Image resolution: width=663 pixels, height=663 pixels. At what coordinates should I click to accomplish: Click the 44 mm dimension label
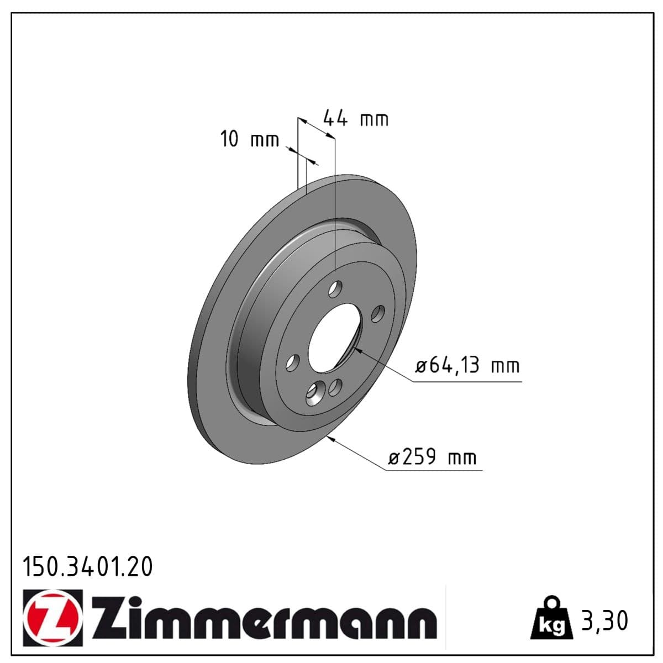coord(355,119)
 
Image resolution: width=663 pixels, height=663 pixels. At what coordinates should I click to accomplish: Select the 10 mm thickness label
coord(249,139)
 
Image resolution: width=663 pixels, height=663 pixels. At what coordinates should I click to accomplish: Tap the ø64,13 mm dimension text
coord(467,366)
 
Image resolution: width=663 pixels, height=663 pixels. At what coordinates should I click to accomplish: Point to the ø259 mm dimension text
coord(432,457)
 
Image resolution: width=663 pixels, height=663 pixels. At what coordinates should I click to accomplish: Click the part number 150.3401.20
coord(87,567)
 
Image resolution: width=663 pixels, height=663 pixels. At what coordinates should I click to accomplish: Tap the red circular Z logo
coord(53,618)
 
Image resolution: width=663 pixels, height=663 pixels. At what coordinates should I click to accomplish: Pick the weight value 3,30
coord(604,620)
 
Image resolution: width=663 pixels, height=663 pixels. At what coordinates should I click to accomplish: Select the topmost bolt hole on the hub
coord(335,289)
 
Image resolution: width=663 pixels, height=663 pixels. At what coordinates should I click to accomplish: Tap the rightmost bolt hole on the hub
coord(378,314)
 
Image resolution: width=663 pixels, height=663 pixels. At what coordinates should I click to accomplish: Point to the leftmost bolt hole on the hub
coord(292,363)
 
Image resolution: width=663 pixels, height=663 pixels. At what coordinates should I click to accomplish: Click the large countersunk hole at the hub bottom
coord(314,393)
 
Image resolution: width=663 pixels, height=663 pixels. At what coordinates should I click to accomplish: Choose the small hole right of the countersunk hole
coord(335,388)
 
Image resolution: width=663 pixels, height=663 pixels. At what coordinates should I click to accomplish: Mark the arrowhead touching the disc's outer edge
coord(331,439)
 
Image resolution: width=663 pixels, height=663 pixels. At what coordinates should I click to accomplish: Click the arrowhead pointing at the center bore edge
coord(357,349)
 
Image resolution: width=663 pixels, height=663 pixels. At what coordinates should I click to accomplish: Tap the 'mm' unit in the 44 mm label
coord(374,119)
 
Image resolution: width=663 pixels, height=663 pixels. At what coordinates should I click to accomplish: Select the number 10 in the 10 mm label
coord(229,139)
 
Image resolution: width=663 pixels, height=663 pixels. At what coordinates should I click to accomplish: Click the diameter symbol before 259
coord(393,459)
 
